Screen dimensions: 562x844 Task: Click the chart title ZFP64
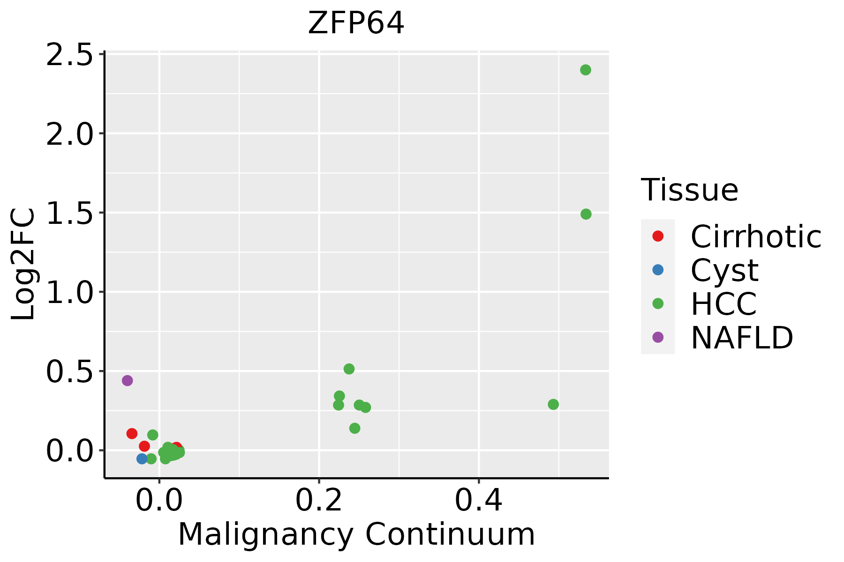pyautogui.click(x=356, y=23)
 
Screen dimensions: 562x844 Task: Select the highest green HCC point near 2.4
pyautogui.click(x=585, y=70)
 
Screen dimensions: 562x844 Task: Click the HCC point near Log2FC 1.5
pyautogui.click(x=586, y=214)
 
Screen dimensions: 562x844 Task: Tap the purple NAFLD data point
pyautogui.click(x=127, y=380)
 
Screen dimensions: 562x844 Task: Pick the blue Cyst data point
pyautogui.click(x=142, y=458)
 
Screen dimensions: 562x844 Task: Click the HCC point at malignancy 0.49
pyautogui.click(x=553, y=404)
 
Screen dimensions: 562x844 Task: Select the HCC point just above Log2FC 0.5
pyautogui.click(x=349, y=369)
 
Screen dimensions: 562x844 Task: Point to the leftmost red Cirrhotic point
pyautogui.click(x=132, y=434)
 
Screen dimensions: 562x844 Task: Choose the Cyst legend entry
pyautogui.click(x=724, y=270)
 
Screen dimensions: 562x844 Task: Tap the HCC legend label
pyautogui.click(x=723, y=304)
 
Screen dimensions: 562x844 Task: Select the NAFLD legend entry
pyautogui.click(x=741, y=338)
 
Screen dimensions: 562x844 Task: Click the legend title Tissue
pyautogui.click(x=689, y=190)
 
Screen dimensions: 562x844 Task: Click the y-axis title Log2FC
pyautogui.click(x=23, y=264)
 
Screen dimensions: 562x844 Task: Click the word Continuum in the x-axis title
pyautogui.click(x=450, y=534)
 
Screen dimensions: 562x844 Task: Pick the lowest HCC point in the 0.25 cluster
pyautogui.click(x=354, y=428)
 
